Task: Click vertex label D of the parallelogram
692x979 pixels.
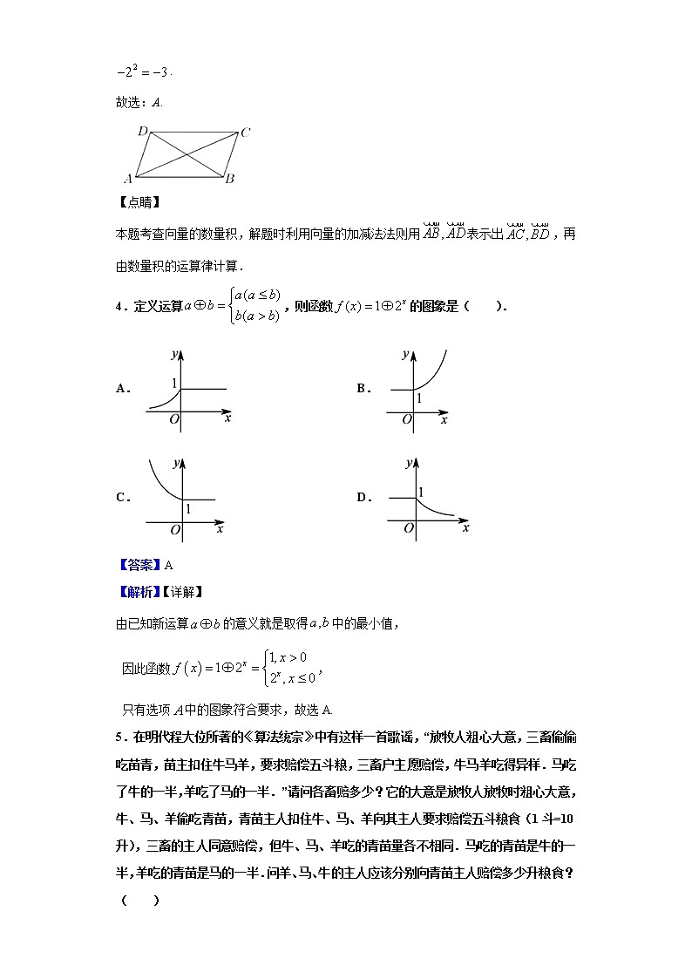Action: click(142, 132)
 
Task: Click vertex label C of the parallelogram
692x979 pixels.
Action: click(246, 133)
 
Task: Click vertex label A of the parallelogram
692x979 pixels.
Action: click(127, 179)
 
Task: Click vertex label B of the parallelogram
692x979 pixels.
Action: click(229, 179)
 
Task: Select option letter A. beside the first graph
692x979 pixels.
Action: click(123, 390)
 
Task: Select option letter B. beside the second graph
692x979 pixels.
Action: click(364, 390)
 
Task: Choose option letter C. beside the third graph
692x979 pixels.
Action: click(123, 498)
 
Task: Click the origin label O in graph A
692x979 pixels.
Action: click(174, 421)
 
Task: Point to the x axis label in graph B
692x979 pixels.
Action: click(444, 420)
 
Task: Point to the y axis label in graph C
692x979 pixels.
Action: click(177, 462)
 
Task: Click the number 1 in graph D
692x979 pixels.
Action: click(421, 493)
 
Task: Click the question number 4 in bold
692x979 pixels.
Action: click(118, 306)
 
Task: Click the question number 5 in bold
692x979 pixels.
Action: click(118, 738)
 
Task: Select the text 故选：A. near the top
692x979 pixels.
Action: click(139, 102)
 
